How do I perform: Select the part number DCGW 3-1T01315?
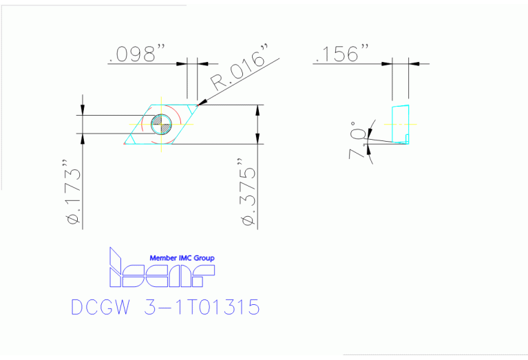(x=165, y=307)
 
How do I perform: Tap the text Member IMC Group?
(x=182, y=258)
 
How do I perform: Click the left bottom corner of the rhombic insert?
(x=126, y=144)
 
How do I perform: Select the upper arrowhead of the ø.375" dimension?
(x=258, y=109)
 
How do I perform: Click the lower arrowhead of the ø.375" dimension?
(x=258, y=140)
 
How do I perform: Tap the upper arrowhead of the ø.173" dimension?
(x=83, y=110)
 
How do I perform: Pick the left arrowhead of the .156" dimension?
(x=388, y=63)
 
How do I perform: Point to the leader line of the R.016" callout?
(x=241, y=83)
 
